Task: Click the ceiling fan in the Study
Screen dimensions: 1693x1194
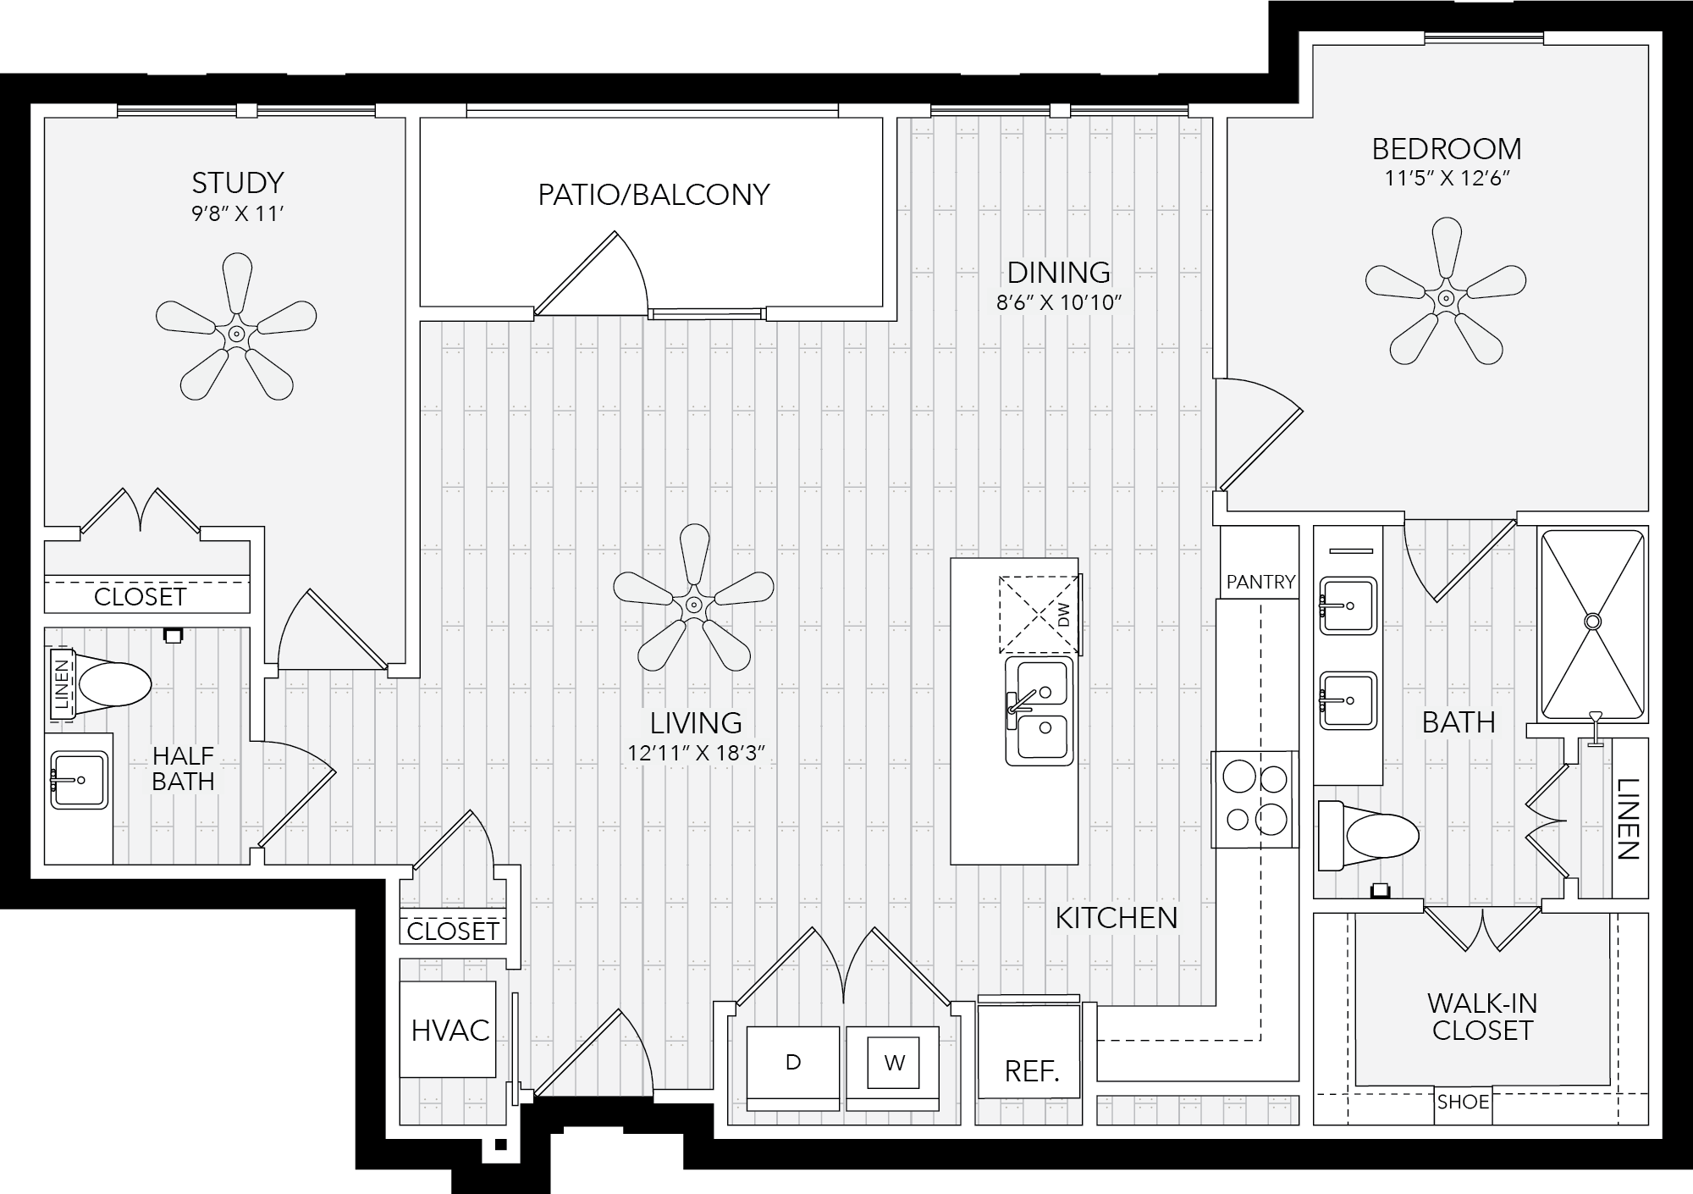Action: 236,333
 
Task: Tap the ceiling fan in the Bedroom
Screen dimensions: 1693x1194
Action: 1446,297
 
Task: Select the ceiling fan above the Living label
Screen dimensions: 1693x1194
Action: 694,604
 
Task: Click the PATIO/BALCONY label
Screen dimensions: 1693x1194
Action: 653,195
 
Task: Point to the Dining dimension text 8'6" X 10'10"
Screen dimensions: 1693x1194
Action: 1059,303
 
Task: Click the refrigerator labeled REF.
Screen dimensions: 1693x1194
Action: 1030,1051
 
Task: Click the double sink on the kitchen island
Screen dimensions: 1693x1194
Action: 1040,711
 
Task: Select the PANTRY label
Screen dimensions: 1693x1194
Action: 1260,582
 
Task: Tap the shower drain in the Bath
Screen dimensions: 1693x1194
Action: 1593,622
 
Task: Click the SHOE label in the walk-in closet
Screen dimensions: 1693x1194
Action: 1463,1103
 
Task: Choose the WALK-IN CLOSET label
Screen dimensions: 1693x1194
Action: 1481,1017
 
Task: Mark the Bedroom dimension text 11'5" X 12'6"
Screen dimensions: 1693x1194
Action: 1446,179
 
